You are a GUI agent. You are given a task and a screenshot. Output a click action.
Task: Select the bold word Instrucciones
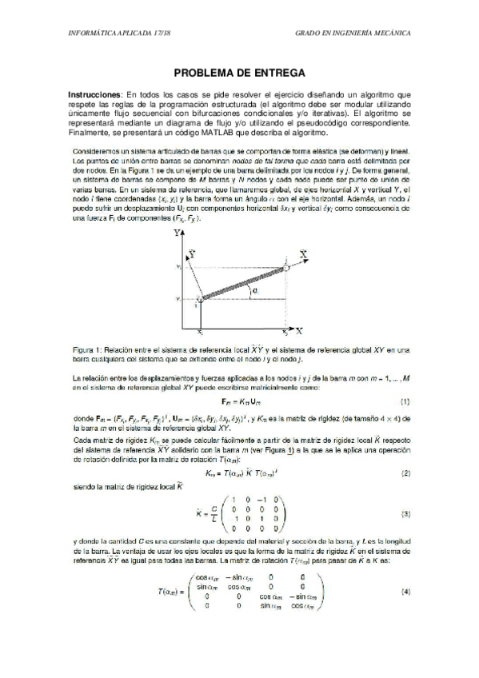[95, 94]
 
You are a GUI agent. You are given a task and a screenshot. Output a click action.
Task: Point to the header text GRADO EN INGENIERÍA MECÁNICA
[353, 34]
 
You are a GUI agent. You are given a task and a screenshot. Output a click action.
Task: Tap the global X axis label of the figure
[298, 329]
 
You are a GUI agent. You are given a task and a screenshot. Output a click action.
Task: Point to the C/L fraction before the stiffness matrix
[206, 514]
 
